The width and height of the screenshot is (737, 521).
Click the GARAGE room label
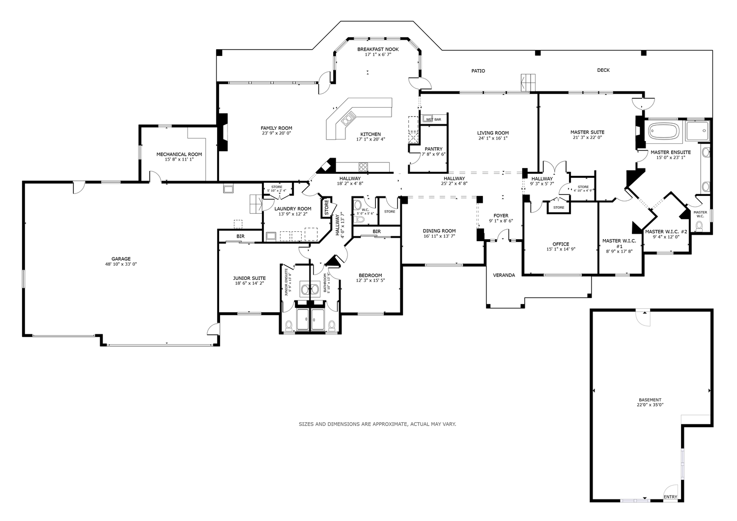tap(121, 259)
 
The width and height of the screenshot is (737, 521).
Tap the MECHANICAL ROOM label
tap(179, 154)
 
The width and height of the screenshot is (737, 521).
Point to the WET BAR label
tap(433, 119)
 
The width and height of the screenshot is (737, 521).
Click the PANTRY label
tap(433, 149)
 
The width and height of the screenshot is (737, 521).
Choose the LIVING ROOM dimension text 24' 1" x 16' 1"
tap(493, 138)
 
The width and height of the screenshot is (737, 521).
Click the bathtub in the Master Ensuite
tap(663, 131)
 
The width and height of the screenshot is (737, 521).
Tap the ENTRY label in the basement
tap(670, 497)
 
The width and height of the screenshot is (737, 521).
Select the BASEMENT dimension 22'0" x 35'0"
tap(650, 405)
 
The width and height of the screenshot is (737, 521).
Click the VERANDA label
tap(504, 275)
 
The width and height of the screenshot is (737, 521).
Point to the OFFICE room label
tap(561, 244)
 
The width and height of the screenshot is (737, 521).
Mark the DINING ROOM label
tap(439, 231)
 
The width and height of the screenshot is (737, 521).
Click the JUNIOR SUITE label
tap(249, 278)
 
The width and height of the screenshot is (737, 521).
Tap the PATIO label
tap(478, 71)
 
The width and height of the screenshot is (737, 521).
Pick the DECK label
tap(603, 70)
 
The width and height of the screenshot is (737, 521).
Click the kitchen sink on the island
tap(349, 118)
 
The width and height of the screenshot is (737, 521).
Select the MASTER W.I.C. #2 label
tap(666, 232)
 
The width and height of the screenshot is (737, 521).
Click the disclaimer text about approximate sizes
tap(377, 424)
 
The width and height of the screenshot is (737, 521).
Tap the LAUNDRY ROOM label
tap(293, 209)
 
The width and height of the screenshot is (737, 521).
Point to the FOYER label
tap(501, 216)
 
